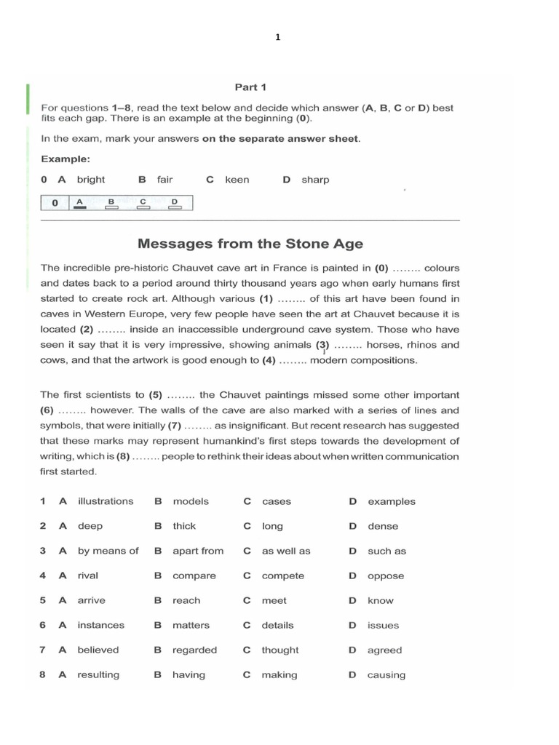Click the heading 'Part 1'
pos(250,87)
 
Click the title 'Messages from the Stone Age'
pos(250,244)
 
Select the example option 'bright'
pos(91,180)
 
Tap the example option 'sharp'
pos(315,180)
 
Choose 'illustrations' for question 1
pos(106,501)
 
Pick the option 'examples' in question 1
pos(392,501)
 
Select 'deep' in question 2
pos(90,526)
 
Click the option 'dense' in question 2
pos(383,526)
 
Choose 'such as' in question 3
pos(387,551)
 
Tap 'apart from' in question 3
pos(198,551)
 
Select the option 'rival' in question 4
pos(88,575)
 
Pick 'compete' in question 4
pos(283,575)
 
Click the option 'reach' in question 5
pos(186,600)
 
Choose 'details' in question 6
pos(278,625)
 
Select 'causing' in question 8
pos(386,674)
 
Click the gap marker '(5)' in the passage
pos(155,395)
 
